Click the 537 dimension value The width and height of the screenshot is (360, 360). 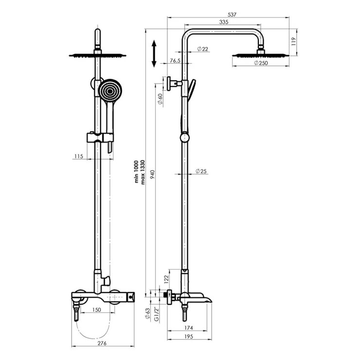[232, 15]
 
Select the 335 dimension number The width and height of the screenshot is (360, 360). [224, 22]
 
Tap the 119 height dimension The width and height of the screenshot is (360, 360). [294, 41]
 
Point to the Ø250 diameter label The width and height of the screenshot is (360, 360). [261, 63]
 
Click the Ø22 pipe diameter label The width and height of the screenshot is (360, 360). [202, 49]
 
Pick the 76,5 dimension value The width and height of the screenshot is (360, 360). [175, 61]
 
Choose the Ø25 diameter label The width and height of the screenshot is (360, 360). [201, 171]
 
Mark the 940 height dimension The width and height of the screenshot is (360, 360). [153, 174]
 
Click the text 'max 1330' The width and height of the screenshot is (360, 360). [143, 172]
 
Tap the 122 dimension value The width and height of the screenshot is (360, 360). [166, 279]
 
